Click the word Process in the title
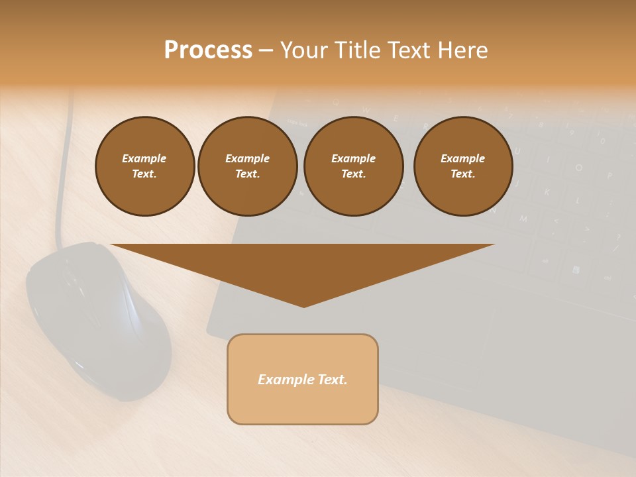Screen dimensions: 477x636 [x=208, y=50]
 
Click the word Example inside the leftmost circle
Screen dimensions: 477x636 [x=144, y=158]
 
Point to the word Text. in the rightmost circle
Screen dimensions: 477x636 [x=462, y=174]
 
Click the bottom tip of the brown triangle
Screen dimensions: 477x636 [x=303, y=305]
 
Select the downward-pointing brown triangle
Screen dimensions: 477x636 [x=303, y=265]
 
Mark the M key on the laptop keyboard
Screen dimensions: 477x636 [x=523, y=218]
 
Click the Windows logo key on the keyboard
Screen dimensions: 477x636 [x=575, y=270]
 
